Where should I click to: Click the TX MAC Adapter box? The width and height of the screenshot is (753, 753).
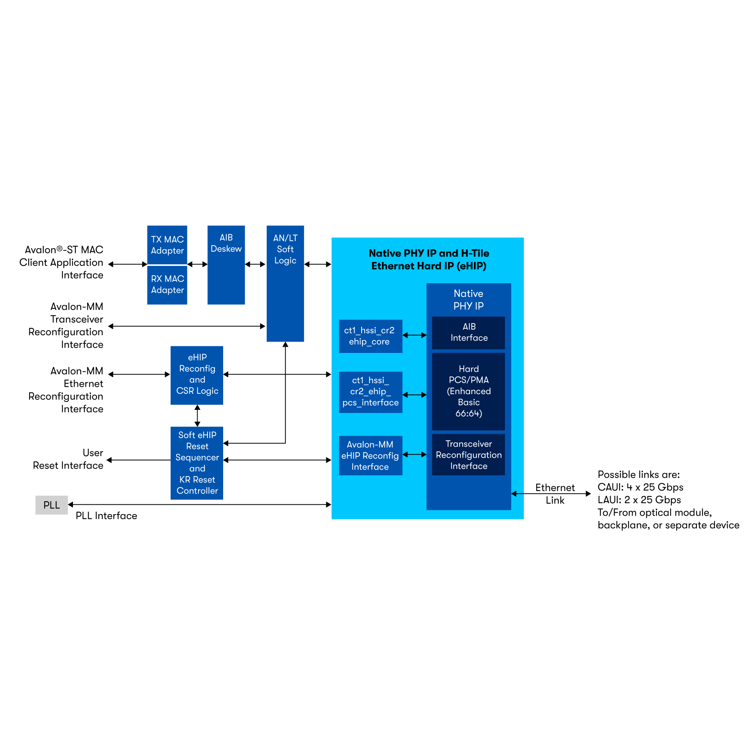click(167, 245)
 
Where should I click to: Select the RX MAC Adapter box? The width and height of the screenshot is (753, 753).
click(167, 285)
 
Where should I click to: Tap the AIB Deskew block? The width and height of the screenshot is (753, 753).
click(226, 265)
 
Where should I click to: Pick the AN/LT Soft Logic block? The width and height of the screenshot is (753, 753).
click(285, 283)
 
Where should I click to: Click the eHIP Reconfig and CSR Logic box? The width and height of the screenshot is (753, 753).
click(197, 375)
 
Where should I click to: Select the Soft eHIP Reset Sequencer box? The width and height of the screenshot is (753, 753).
click(197, 463)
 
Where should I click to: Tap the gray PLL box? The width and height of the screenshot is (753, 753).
click(51, 505)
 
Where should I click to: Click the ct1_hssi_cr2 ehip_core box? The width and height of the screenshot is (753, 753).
click(370, 336)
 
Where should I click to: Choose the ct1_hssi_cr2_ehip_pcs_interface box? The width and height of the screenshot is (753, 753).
click(370, 392)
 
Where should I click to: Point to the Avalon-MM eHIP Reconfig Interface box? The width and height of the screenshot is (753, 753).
click(370, 455)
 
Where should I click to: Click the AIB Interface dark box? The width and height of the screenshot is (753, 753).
click(468, 333)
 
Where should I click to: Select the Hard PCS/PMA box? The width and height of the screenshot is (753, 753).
click(468, 391)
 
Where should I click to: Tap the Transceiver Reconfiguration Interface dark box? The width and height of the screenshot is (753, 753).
click(468, 455)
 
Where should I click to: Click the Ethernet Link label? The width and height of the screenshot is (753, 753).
click(555, 494)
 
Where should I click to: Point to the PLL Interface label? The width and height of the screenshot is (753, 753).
click(106, 516)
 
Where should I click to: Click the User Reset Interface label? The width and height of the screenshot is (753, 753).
click(69, 459)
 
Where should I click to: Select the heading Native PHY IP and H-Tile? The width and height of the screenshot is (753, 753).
click(429, 253)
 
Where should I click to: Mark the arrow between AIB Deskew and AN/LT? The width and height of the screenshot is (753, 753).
click(255, 264)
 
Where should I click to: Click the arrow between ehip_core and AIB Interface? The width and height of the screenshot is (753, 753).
click(414, 335)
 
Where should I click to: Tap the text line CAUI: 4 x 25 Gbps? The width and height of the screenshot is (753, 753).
click(640, 487)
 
